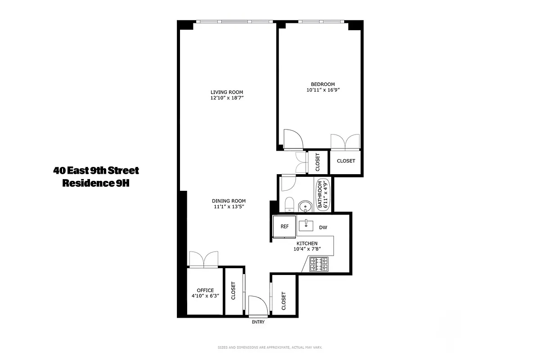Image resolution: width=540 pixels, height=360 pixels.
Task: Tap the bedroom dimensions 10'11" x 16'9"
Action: coord(323,90)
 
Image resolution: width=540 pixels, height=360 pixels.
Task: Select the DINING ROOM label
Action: coord(229,201)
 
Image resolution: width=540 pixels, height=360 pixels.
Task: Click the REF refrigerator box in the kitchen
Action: coord(284,227)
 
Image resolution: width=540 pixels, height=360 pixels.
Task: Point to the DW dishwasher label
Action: coord(323,228)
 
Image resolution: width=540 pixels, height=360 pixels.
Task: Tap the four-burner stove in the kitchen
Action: coord(319,264)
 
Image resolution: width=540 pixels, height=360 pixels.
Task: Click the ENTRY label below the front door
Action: coord(258,322)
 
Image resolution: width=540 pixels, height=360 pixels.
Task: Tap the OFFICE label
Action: coord(205,290)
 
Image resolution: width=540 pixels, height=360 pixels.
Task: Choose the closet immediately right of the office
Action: coord(233,291)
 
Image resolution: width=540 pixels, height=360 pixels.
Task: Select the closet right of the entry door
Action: coord(283,301)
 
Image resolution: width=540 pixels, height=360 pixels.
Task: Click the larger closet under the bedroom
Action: coord(346,161)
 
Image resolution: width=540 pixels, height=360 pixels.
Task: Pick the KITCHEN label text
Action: coord(307,243)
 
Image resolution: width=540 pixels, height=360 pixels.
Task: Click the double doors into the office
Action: coord(205,260)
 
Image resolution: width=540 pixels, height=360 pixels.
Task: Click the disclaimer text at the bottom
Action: coord(270,347)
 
